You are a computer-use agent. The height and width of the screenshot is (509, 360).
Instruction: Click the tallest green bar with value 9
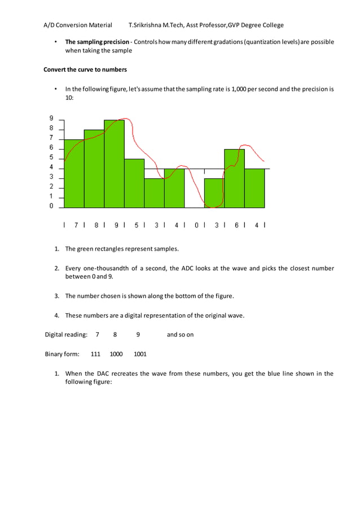[114, 164]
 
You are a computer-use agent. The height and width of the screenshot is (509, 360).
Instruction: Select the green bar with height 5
[134, 183]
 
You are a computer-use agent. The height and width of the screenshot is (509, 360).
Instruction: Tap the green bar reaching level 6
[234, 178]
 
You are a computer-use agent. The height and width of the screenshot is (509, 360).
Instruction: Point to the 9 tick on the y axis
[51, 119]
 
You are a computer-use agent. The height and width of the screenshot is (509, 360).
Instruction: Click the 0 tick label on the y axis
[51, 207]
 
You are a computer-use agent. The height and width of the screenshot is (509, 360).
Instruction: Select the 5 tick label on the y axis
[51, 157]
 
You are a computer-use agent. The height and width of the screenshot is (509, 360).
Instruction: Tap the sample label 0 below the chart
[196, 225]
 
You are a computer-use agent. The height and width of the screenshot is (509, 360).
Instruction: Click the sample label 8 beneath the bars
[96, 225]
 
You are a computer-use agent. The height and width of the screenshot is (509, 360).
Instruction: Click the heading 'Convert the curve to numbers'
[85, 69]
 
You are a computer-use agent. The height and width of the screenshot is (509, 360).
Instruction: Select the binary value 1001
[140, 354]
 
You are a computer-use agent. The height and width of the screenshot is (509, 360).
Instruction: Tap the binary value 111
[95, 354]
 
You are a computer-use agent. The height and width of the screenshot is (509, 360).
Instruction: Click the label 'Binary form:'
[62, 354]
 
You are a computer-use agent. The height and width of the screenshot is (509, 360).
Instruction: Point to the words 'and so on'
[180, 335]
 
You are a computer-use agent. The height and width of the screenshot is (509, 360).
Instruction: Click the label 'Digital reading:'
[66, 335]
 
